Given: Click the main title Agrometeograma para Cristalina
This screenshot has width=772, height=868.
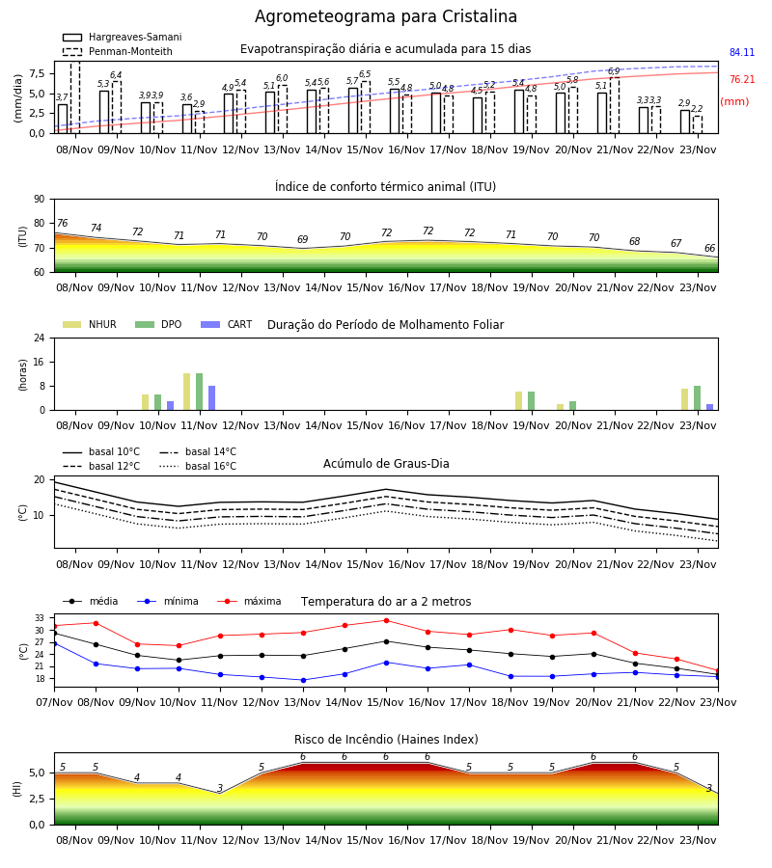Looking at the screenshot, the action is point(386,16).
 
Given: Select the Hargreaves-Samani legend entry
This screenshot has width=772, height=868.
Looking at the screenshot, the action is point(122,37).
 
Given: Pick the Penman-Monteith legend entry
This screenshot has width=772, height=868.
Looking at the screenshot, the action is point(118,51).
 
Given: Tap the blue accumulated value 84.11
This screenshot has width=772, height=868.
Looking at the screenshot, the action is point(742,53).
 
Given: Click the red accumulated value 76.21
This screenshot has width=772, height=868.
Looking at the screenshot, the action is point(742,80).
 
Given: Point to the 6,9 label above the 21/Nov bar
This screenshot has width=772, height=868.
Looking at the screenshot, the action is point(614,71).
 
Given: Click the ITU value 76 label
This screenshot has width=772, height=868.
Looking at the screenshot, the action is point(62,223).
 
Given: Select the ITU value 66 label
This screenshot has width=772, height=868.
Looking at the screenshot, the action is point(709,249).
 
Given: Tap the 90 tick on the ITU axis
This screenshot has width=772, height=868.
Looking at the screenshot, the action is point(39,200).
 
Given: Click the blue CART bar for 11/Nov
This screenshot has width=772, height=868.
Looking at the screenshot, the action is point(211,398).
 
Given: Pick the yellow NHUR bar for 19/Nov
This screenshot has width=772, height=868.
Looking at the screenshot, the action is point(518,401).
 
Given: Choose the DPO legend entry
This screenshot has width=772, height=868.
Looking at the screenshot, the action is point(158,324).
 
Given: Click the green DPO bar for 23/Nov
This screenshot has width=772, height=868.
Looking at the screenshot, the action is point(698,398).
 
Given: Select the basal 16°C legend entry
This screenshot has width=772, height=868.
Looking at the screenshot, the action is point(198,467).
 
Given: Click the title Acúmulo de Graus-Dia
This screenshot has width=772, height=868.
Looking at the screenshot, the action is point(386,464).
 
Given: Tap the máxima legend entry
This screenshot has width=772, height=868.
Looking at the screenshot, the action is point(249,601).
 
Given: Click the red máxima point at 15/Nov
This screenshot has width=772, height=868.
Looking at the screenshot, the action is point(386,620).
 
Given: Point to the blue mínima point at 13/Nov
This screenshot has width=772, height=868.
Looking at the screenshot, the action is point(303,680).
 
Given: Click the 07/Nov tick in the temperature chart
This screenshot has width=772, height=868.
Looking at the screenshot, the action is point(54,702).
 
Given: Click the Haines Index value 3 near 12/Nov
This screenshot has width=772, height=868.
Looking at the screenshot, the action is point(220,788).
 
